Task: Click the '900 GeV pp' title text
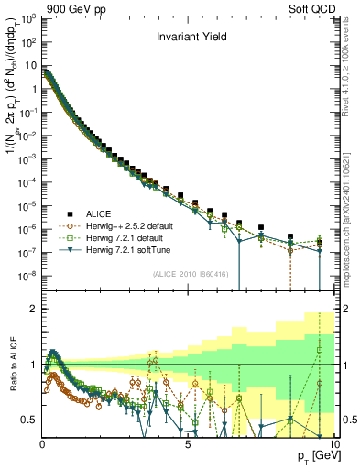point(34,8)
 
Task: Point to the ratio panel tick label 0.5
point(29,420)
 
